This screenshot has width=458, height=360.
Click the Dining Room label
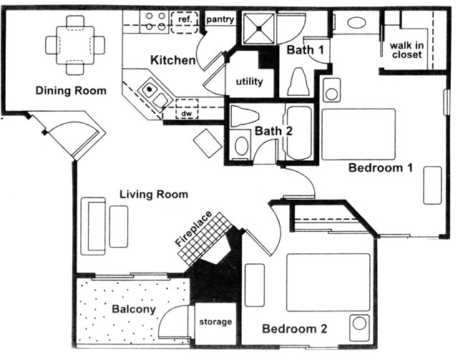71,91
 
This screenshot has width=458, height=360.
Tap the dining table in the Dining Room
75,45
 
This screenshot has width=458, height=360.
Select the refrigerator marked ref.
185,22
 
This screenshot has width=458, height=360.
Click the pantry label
220,19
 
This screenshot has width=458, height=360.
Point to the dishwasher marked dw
187,109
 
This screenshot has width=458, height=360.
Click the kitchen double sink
153,94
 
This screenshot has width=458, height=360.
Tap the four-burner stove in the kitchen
155,21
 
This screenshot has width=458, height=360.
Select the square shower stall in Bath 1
259,29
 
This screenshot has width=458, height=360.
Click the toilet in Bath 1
298,82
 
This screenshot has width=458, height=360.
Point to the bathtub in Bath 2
299,133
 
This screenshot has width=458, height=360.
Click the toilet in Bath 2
244,116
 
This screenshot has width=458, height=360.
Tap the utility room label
250,82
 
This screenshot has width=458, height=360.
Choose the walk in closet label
406,50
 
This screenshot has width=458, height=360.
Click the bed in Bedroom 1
359,135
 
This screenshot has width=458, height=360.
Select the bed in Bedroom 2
328,282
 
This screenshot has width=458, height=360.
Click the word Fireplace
194,228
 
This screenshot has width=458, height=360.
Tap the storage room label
215,322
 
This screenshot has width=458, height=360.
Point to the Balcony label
134,309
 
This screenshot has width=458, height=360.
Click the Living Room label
154,195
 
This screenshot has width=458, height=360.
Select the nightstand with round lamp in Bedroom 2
359,323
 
